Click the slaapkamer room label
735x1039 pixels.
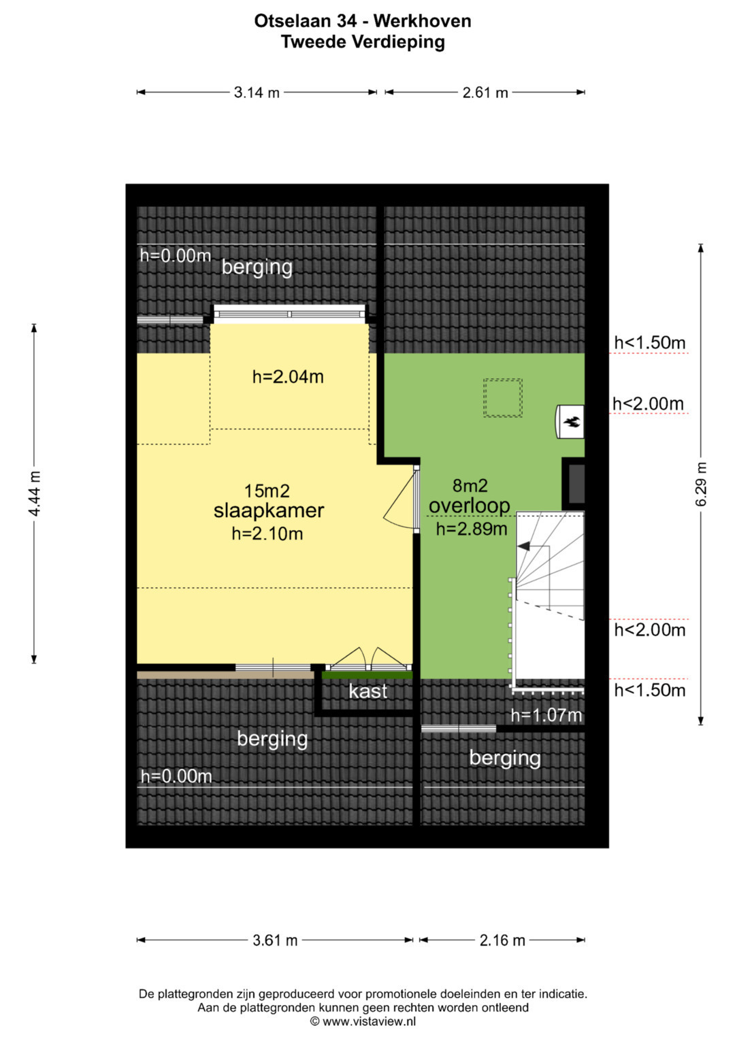pos(269,510)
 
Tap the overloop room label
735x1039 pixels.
pos(469,506)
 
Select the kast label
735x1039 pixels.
pos(367,691)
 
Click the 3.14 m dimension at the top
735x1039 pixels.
pos(257,93)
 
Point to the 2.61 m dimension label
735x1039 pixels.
pos(485,93)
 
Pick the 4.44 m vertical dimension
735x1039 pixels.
pos(35,493)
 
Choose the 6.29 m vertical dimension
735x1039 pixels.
pos(702,484)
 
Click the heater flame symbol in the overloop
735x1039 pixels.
pos(572,422)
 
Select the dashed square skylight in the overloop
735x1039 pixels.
pos(502,398)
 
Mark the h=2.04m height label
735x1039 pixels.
pos(288,377)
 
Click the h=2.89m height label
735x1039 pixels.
pos(472,529)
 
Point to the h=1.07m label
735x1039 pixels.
pos(546,715)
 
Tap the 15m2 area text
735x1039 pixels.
pos(267,491)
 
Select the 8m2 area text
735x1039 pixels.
pos(470,486)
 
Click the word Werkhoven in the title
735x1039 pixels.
pos(422,21)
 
